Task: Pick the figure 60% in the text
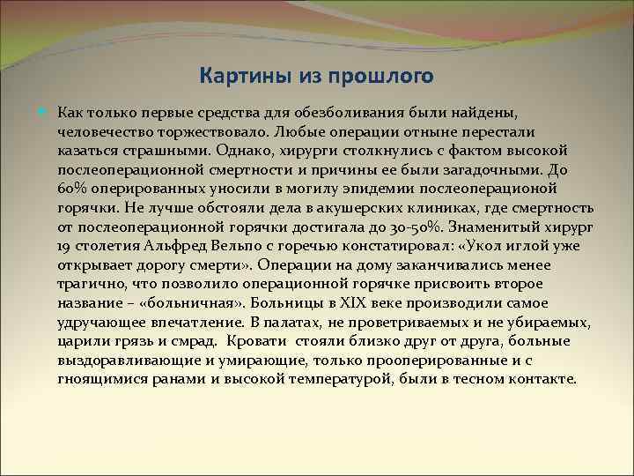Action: pos(71,190)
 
